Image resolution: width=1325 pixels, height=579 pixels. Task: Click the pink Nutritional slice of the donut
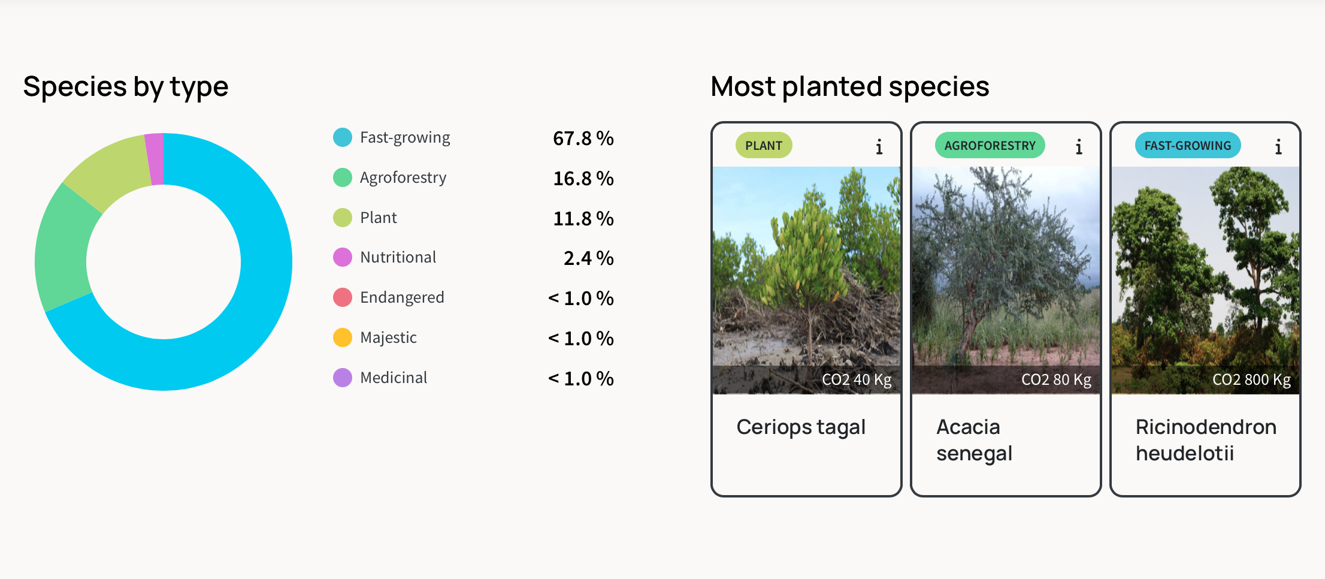(155, 159)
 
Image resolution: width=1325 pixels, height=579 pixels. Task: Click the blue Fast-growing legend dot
(343, 137)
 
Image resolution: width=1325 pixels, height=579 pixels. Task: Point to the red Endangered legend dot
(343, 297)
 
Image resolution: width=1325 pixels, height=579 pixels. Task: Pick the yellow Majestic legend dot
(343, 337)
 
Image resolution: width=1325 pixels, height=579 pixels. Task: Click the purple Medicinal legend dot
(343, 378)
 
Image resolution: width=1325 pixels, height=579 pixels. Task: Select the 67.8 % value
(583, 138)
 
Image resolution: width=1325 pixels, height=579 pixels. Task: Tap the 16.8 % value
(583, 179)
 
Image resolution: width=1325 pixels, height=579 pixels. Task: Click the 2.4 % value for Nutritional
(588, 258)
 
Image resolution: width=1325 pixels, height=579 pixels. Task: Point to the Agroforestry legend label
(403, 178)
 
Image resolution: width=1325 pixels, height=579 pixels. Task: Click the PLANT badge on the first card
(764, 146)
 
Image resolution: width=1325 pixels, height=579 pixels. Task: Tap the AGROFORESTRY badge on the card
(990, 146)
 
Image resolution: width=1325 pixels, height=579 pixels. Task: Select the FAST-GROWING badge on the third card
(1188, 146)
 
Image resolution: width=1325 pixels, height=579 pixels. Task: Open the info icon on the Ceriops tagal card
(879, 147)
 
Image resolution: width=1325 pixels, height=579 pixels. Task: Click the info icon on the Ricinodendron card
(1278, 147)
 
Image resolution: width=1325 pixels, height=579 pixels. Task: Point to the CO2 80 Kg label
(1056, 380)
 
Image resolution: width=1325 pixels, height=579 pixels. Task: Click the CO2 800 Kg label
(1251, 380)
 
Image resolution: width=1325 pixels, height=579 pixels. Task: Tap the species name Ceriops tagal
(801, 427)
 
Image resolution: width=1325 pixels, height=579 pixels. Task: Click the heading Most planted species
(849, 86)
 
